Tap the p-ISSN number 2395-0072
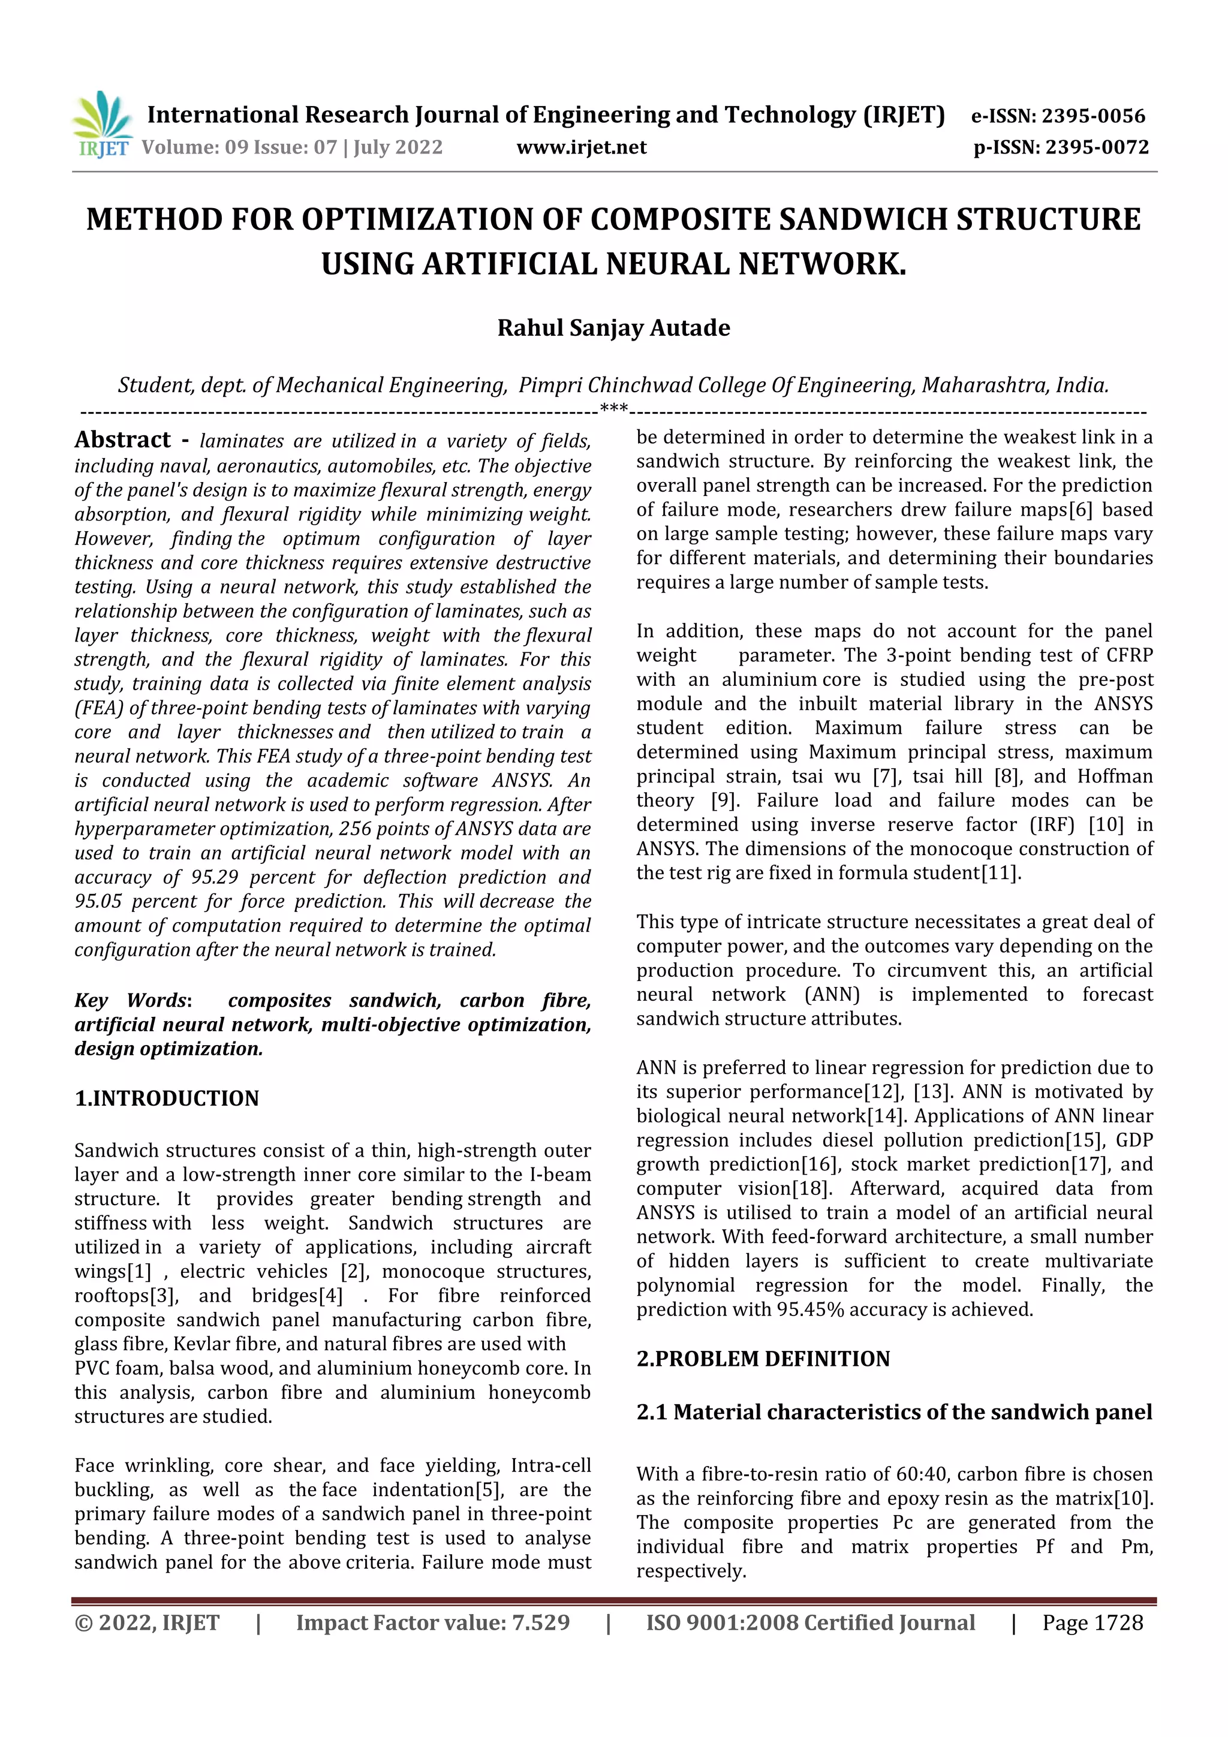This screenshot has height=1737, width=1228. pyautogui.click(x=1096, y=147)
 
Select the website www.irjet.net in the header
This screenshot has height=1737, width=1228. pyautogui.click(x=581, y=147)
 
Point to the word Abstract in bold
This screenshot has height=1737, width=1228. pyautogui.click(x=122, y=439)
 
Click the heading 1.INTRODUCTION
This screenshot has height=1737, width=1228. pyautogui.click(x=167, y=1098)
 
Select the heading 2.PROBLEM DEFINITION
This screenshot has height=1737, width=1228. pyautogui.click(x=763, y=1359)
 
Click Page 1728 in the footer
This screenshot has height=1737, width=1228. pyautogui.click(x=1092, y=1622)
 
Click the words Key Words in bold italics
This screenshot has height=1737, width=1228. pyautogui.click(x=130, y=1000)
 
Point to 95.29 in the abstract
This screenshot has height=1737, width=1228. pyautogui.click(x=214, y=878)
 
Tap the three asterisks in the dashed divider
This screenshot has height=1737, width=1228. pyautogui.click(x=613, y=410)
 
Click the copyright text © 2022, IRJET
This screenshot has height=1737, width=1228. pyautogui.click(x=147, y=1622)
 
